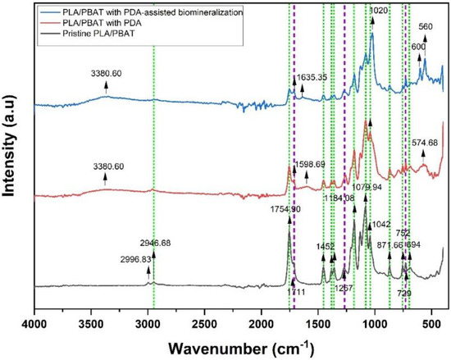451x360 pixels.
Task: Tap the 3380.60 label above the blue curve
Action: [106, 72]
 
